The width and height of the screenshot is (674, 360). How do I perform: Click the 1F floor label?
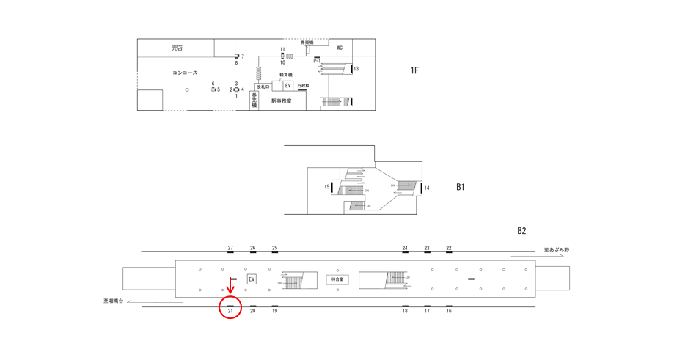click(x=414, y=70)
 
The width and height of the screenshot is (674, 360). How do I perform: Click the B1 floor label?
click(x=460, y=187)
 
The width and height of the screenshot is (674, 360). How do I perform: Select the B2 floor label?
click(x=521, y=231)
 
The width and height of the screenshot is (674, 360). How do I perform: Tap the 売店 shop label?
click(x=177, y=48)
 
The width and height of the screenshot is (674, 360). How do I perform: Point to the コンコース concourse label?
click(x=184, y=73)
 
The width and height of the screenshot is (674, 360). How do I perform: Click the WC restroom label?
click(x=340, y=48)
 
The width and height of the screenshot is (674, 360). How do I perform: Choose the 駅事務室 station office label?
click(x=281, y=101)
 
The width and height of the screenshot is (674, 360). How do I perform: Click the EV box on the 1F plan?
click(x=287, y=86)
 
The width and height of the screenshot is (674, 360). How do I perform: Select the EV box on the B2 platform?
click(x=252, y=279)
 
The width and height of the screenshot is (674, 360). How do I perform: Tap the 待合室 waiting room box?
click(x=337, y=279)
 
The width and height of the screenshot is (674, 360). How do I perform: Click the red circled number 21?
click(x=230, y=311)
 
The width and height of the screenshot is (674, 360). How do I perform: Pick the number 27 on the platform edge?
click(x=230, y=249)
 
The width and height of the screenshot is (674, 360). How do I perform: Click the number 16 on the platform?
click(x=449, y=311)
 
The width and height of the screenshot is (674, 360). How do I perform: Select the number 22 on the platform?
click(x=449, y=249)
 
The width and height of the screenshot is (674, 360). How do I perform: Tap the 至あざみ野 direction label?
click(x=556, y=250)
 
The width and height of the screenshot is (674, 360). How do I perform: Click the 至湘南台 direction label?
click(x=115, y=301)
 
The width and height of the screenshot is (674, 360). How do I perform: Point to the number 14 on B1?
click(x=427, y=188)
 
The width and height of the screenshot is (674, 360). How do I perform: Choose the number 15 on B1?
click(x=327, y=187)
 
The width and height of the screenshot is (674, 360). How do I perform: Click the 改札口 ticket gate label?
click(x=263, y=87)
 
